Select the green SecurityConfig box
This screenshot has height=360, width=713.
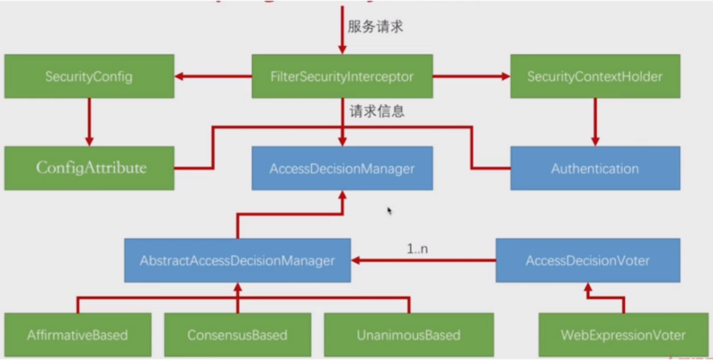click(88, 77)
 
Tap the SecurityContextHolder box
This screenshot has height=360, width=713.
click(595, 77)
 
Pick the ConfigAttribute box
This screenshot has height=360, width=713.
click(88, 167)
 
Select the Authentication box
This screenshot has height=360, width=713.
click(595, 168)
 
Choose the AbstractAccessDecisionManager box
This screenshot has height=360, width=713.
click(237, 261)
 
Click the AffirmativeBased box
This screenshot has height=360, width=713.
click(78, 336)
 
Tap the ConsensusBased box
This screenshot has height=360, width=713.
click(237, 336)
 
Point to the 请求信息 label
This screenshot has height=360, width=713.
click(378, 112)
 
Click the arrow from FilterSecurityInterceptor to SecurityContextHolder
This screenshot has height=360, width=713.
click(472, 77)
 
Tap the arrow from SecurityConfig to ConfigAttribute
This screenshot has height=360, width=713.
click(88, 121)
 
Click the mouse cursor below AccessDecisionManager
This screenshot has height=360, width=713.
click(389, 211)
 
